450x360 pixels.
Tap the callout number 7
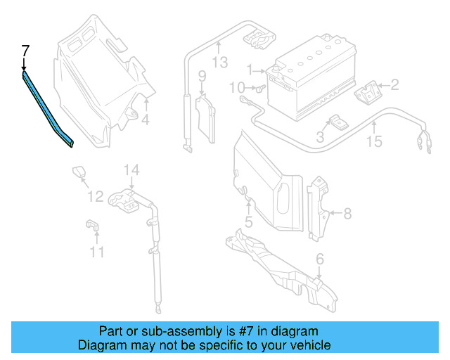pyautogui.click(x=25, y=51)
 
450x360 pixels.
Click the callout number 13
pyautogui.click(x=220, y=63)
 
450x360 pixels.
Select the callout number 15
pyautogui.click(x=374, y=142)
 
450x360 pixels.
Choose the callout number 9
pyautogui.click(x=201, y=76)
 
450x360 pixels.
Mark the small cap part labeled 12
pyautogui.click(x=78, y=172)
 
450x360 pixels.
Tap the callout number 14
pyautogui.click(x=132, y=170)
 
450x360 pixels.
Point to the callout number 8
pyautogui.click(x=347, y=212)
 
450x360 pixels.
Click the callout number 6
pyautogui.click(x=320, y=260)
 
